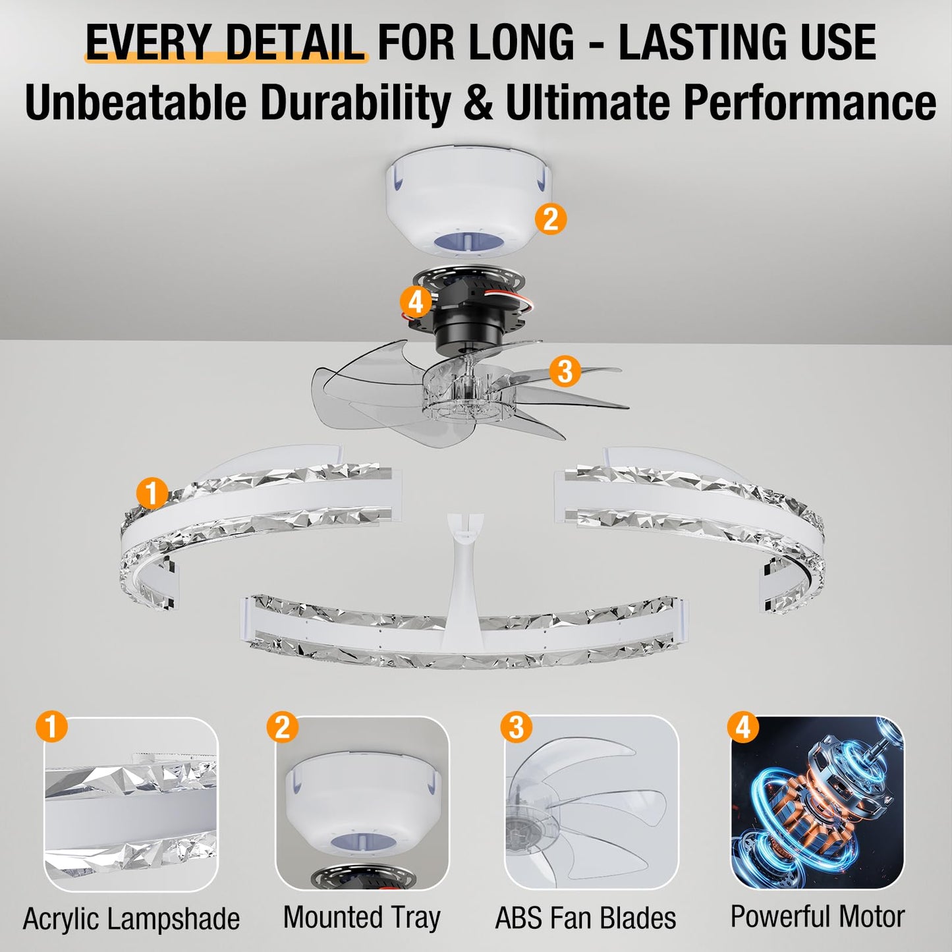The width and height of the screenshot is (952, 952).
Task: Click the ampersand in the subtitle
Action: tap(478, 103)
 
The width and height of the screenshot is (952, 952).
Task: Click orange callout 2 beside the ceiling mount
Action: tap(551, 218)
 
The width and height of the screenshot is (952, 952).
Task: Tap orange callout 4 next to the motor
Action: tap(416, 302)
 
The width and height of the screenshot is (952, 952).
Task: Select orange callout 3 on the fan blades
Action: tap(565, 371)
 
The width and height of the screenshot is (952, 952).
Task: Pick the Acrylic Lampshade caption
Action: tap(132, 918)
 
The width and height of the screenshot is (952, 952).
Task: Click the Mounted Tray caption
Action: tap(362, 917)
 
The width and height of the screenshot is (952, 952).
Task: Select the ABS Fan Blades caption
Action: tap(586, 918)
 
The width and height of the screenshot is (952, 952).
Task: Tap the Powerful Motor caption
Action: tap(818, 916)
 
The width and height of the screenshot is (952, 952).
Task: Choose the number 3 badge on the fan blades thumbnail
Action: tap(517, 727)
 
